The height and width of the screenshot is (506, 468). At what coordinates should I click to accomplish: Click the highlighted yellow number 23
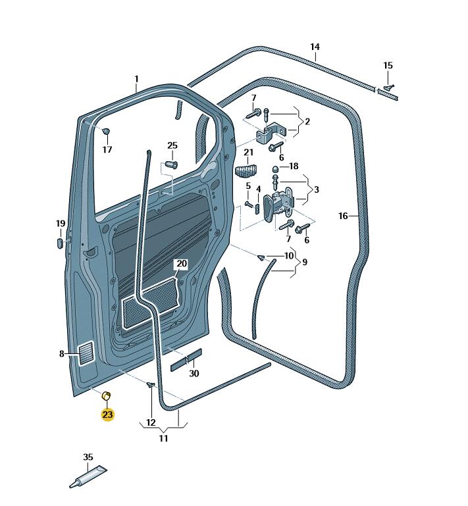(x=107, y=415)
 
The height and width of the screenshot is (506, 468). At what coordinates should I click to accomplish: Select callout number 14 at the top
(x=315, y=47)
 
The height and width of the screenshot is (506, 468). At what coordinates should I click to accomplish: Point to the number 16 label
(x=343, y=216)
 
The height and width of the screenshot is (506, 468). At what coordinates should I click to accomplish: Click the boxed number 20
(x=181, y=264)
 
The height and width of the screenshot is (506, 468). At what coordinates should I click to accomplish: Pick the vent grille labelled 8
(x=86, y=354)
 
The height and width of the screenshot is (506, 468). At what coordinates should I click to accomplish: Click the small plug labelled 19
(x=60, y=243)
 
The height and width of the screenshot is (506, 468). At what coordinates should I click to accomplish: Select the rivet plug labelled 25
(x=172, y=163)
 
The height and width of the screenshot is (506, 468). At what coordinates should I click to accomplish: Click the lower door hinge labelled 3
(x=277, y=204)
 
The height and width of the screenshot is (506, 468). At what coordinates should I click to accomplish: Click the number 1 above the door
(x=137, y=80)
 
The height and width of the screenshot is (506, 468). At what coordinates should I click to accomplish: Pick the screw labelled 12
(x=150, y=386)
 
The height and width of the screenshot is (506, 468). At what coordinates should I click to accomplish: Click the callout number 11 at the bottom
(x=163, y=438)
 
